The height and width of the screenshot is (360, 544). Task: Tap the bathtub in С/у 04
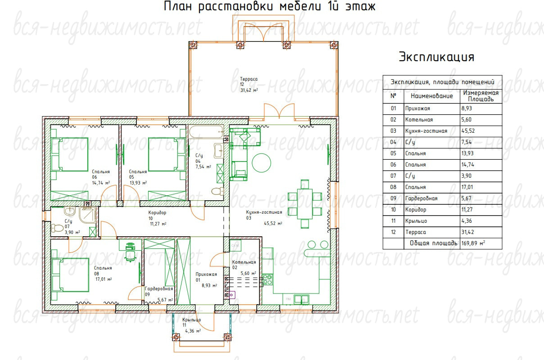point(206,131)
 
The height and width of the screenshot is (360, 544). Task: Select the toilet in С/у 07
point(57,228)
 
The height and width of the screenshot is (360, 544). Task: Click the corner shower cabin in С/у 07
point(88,215)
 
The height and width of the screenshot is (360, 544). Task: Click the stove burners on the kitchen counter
point(267,279)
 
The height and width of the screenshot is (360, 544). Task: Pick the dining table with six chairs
point(305,204)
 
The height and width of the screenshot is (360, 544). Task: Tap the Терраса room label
point(249,79)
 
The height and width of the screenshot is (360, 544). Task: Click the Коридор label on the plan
point(157,213)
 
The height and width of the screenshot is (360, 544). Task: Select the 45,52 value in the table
point(468,131)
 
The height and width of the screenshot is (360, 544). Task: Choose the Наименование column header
point(432,96)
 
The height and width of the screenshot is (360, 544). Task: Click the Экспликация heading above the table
point(436,57)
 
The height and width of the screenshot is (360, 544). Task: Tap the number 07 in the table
point(393,176)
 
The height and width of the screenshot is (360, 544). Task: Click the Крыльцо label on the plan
point(191,319)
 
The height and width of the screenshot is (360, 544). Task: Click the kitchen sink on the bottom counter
point(301,299)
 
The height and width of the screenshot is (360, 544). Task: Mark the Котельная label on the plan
point(244,262)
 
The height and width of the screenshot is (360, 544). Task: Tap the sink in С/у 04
point(218,151)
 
